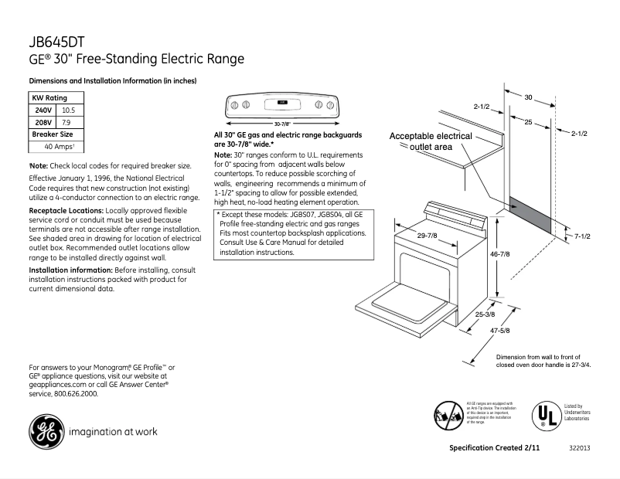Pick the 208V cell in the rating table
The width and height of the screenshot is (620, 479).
(43, 122)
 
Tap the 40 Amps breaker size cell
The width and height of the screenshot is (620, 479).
(60, 146)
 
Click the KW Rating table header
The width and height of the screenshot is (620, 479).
(48, 98)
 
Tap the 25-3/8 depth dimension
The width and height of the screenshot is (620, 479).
(485, 314)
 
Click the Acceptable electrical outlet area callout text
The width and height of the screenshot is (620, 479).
(431, 141)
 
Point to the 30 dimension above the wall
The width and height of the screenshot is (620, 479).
(528, 97)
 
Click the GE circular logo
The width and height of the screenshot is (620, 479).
(46, 432)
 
